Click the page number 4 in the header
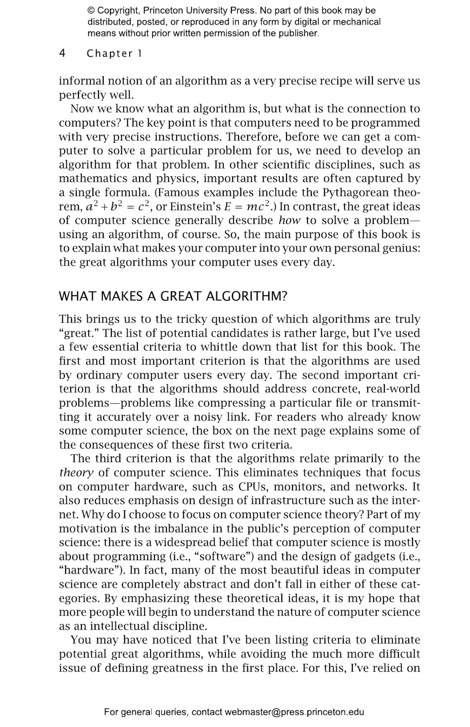[x=62, y=53]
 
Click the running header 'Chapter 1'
[x=114, y=54]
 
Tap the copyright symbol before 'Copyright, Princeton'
[x=91, y=11]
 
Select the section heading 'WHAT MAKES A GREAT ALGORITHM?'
[x=173, y=296]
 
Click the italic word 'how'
[x=289, y=220]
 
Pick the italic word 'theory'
[x=76, y=473]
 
